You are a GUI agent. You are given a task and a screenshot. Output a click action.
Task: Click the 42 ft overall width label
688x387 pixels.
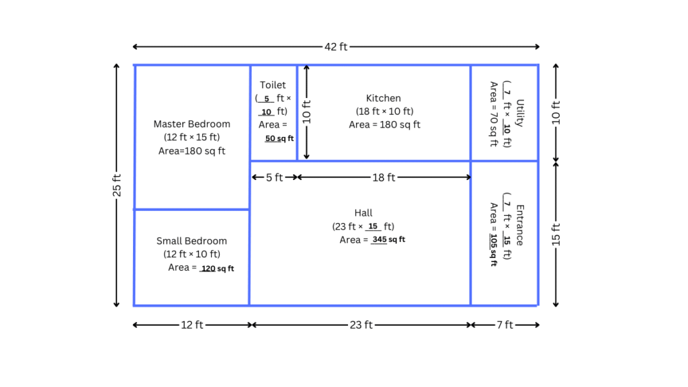tap(336, 47)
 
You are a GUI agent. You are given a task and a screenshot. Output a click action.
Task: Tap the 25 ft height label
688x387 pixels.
tap(117, 185)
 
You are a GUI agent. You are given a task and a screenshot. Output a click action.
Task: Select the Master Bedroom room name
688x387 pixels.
tap(191, 124)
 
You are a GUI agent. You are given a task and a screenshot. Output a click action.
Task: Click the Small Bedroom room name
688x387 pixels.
tap(191, 241)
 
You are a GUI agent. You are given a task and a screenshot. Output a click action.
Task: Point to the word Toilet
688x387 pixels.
tap(273, 85)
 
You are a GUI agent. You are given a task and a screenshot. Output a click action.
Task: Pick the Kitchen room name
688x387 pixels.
tap(384, 98)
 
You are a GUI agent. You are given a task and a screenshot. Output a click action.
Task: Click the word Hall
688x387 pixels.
tap(363, 213)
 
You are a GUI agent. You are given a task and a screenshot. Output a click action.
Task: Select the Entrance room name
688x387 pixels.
tap(520, 225)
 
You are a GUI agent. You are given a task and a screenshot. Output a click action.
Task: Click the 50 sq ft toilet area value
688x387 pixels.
tap(279, 138)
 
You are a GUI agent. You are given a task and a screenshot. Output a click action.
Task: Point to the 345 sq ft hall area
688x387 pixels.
tap(389, 240)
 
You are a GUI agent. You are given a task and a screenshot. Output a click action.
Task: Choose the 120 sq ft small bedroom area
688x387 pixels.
tap(218, 269)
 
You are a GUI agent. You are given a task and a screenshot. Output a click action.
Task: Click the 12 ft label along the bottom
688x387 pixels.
tap(192, 325)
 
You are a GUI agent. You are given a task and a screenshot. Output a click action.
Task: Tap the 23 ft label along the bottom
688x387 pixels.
tap(361, 325)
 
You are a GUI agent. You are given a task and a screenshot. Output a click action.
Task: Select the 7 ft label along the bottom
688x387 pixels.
tap(505, 325)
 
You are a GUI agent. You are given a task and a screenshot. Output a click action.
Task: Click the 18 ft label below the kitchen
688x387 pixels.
tap(384, 177)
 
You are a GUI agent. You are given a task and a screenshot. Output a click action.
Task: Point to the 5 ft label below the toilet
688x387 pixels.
tap(273, 177)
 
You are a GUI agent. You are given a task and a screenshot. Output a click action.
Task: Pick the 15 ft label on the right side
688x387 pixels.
tap(556, 234)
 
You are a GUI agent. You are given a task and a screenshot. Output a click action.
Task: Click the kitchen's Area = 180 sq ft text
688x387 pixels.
tap(384, 125)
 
